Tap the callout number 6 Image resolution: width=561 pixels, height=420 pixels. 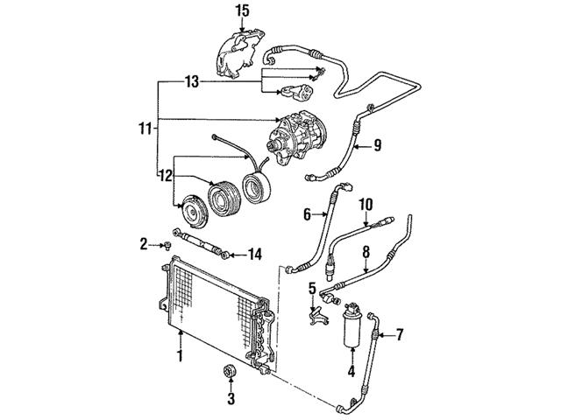coord(307,213)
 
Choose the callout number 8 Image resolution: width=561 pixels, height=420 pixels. coord(365,251)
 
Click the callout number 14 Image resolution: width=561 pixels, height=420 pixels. coord(255,255)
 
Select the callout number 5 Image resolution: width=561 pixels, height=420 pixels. coord(312,288)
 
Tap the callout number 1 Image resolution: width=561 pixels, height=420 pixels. coord(179,356)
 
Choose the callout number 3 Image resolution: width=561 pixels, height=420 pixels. coord(231,400)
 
